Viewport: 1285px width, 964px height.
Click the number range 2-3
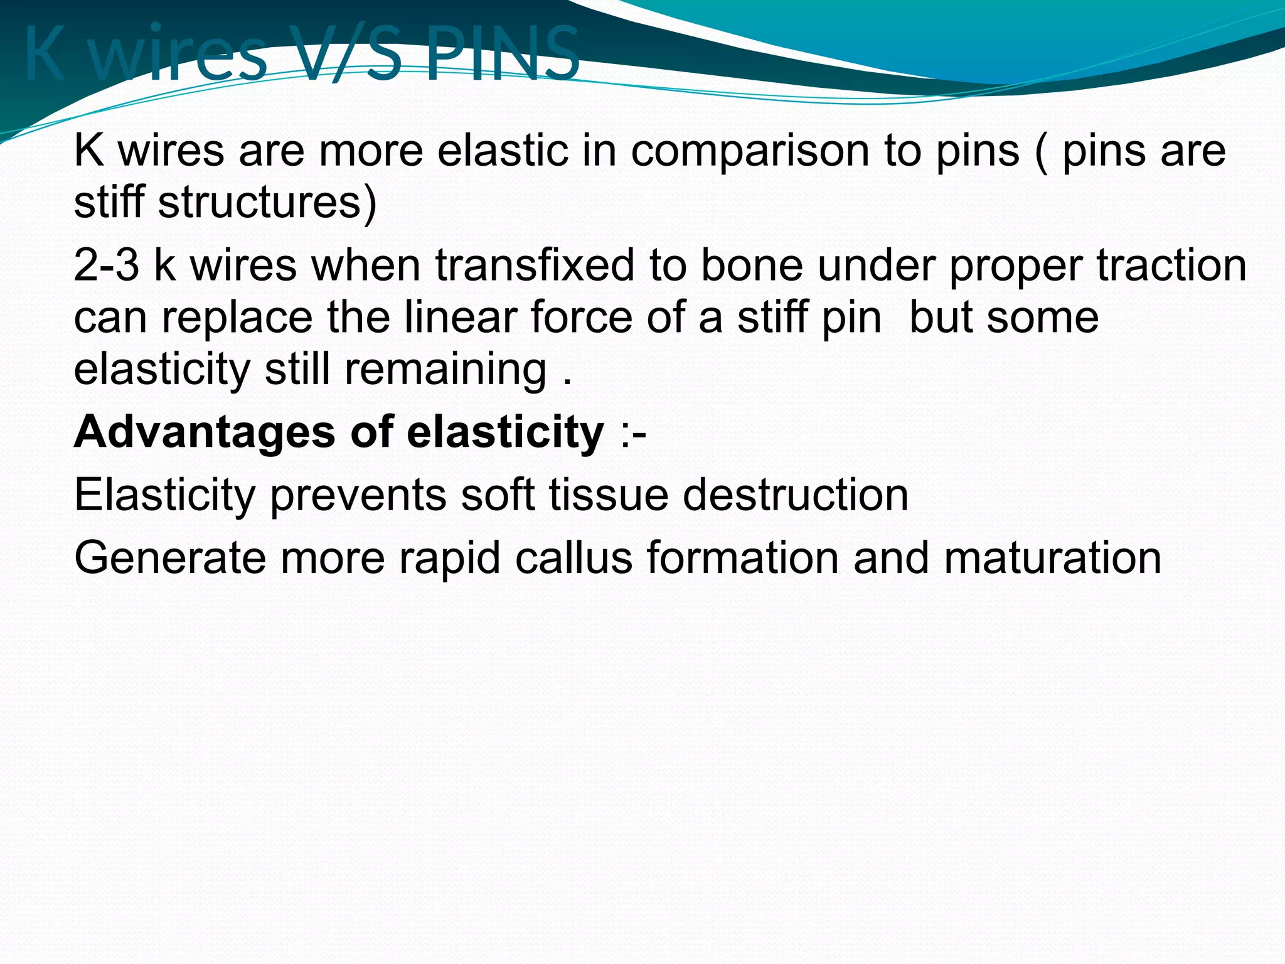click(x=106, y=265)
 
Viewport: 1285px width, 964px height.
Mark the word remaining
click(x=445, y=370)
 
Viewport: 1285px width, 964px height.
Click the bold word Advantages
click(x=205, y=432)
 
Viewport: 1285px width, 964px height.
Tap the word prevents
click(x=358, y=495)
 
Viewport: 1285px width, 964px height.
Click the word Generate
click(x=169, y=558)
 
